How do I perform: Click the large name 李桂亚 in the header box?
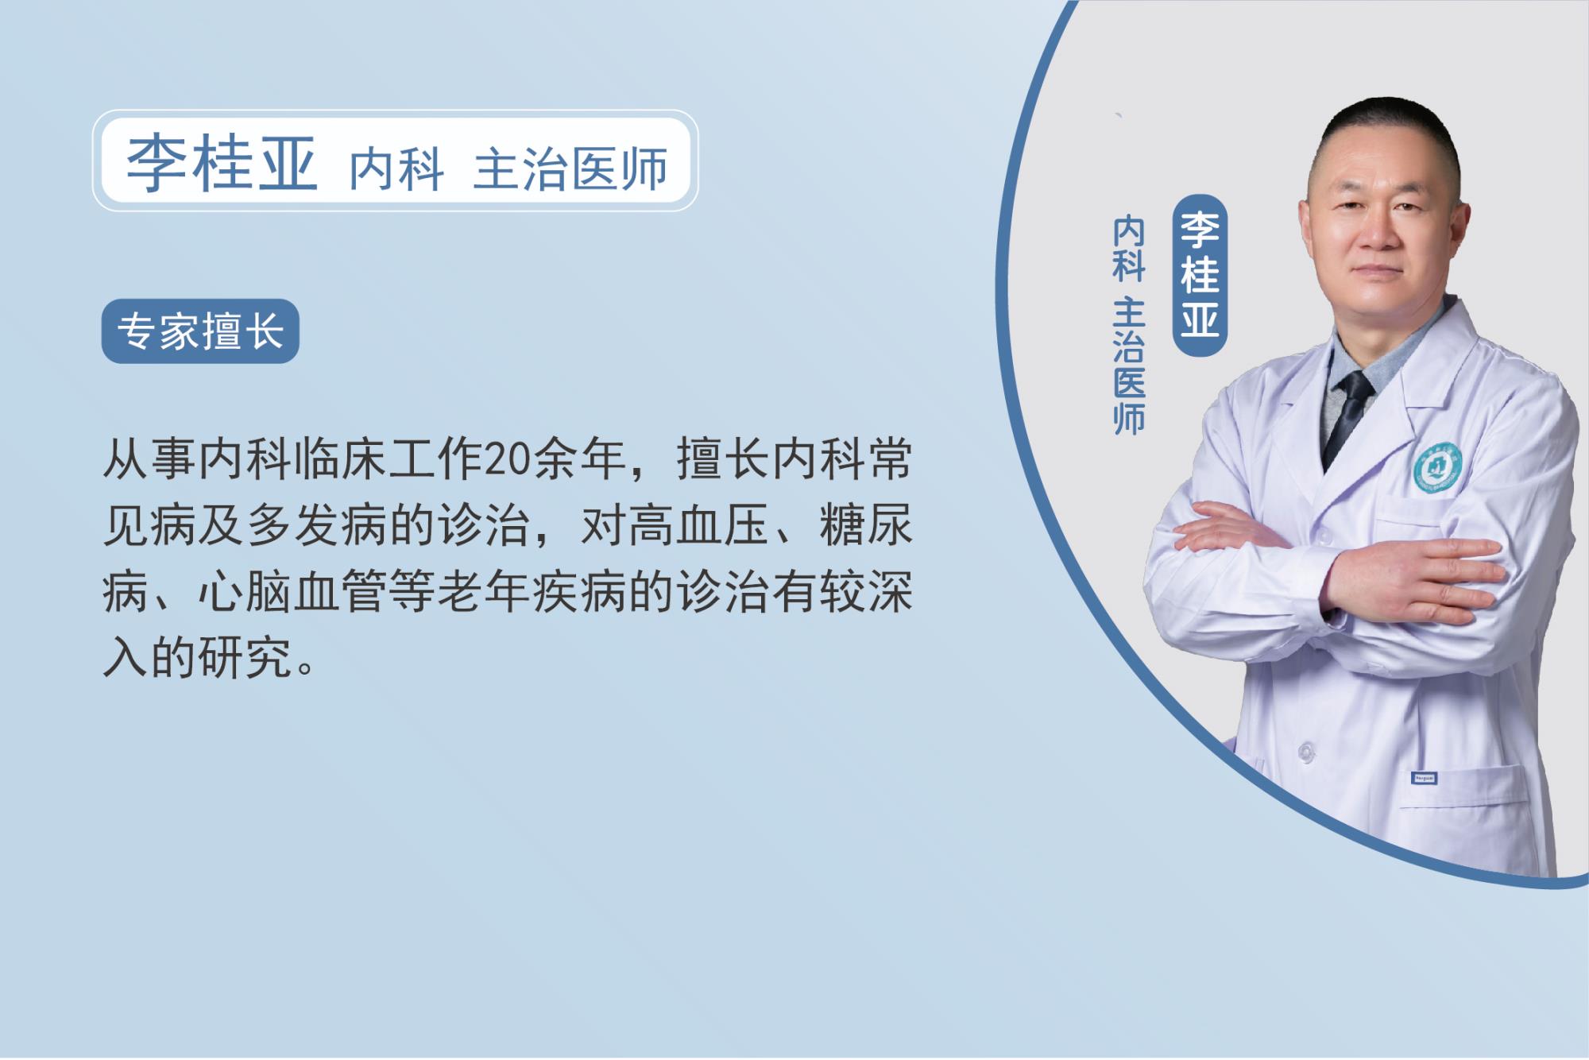222,163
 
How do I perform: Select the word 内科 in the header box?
396,168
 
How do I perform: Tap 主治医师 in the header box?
570,168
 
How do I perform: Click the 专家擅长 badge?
200,331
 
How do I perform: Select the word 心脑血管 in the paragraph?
293,593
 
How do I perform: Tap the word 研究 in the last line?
246,659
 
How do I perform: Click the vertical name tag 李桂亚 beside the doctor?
1200,275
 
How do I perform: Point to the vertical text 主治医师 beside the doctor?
1129,366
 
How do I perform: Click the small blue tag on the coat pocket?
1424,777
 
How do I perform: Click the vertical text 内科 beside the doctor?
1129,250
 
